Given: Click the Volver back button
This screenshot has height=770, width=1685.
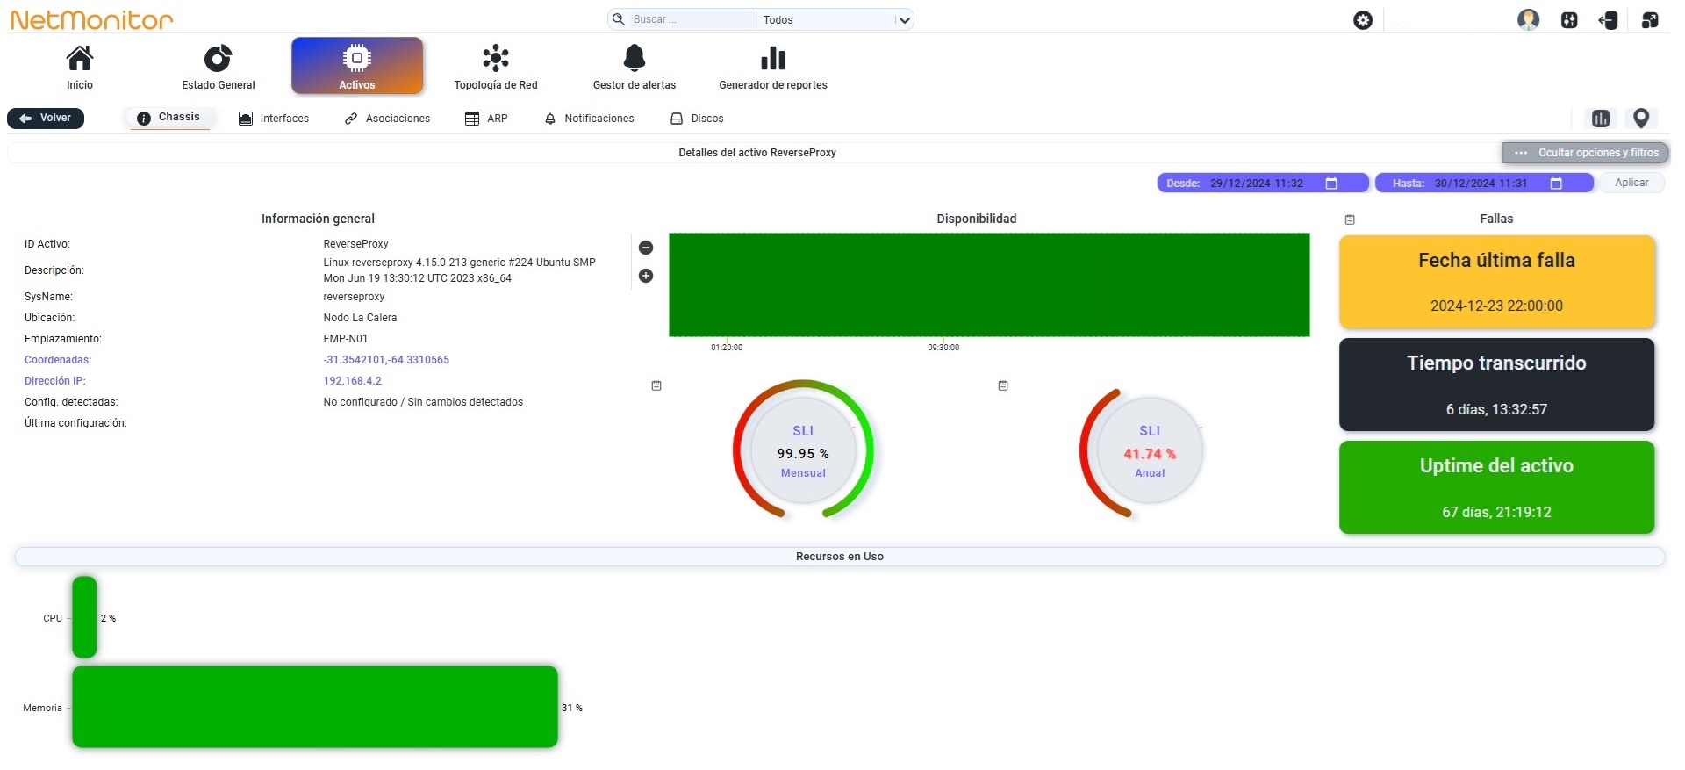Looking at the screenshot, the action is pos(46,118).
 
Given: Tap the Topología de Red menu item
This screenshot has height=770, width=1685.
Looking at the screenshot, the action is pos(496,67).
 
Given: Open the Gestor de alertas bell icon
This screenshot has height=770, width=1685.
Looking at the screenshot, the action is pos(635,58).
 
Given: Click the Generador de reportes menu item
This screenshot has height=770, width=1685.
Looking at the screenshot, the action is pos(773,67).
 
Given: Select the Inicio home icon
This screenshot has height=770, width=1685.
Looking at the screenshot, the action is pos(80,58).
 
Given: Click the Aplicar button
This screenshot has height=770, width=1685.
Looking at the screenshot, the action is pos(1631,183).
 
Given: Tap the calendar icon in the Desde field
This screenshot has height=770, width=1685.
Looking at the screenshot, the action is pos(1331,184).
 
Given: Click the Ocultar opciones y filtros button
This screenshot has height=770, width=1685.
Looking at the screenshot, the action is pos(1586,153).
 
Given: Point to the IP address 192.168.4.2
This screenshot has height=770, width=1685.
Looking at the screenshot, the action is pos(353,381).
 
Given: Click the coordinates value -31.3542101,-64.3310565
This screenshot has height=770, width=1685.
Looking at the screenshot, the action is pos(386,360).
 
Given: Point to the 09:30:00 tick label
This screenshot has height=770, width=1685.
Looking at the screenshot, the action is pos(943,348).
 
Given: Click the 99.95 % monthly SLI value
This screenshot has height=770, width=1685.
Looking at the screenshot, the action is pos(803,454).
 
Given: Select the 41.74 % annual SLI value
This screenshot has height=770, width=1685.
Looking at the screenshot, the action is pos(1150,454).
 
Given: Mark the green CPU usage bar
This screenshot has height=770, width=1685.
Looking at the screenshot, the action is pos(84,617).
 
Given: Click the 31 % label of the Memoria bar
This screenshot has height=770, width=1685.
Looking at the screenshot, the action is pos(572,708).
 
